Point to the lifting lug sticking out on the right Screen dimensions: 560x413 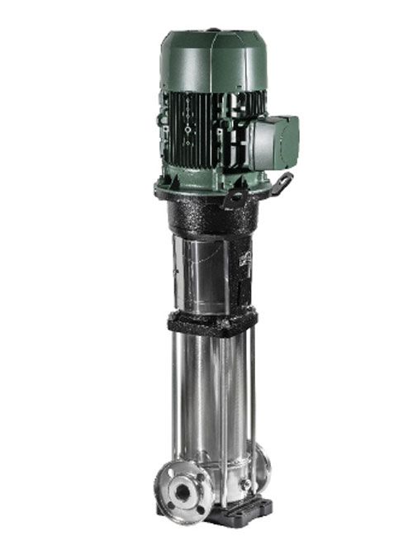[284, 183]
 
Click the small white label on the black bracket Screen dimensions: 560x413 [244, 258]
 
